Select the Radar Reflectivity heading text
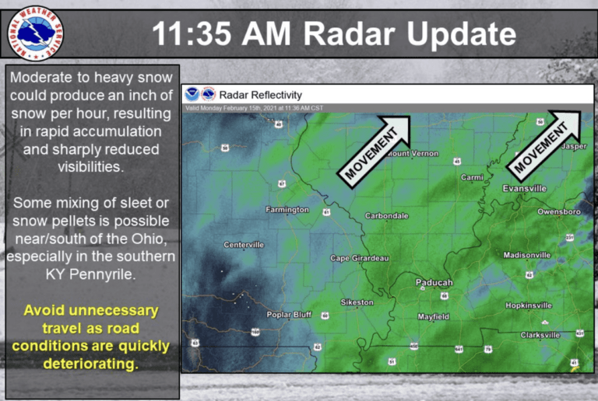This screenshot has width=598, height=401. click(x=260, y=95)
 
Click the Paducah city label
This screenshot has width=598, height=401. click(x=434, y=283)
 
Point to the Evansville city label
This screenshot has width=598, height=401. click(x=524, y=189)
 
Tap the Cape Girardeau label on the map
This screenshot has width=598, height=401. click(x=359, y=258)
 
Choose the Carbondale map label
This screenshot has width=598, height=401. click(x=386, y=215)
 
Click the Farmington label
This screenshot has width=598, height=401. click(x=287, y=210)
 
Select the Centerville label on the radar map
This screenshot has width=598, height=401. click(x=244, y=245)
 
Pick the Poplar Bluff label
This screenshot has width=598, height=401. click(x=289, y=315)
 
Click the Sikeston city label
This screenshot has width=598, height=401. click(x=357, y=302)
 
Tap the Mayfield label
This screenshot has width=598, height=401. click(x=433, y=317)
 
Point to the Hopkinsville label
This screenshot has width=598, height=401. click(x=528, y=306)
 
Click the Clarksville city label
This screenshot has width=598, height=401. click(x=540, y=335)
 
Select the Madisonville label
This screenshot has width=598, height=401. click(x=527, y=255)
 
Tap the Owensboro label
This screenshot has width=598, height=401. click(x=559, y=211)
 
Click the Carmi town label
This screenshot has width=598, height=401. click(x=472, y=177)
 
